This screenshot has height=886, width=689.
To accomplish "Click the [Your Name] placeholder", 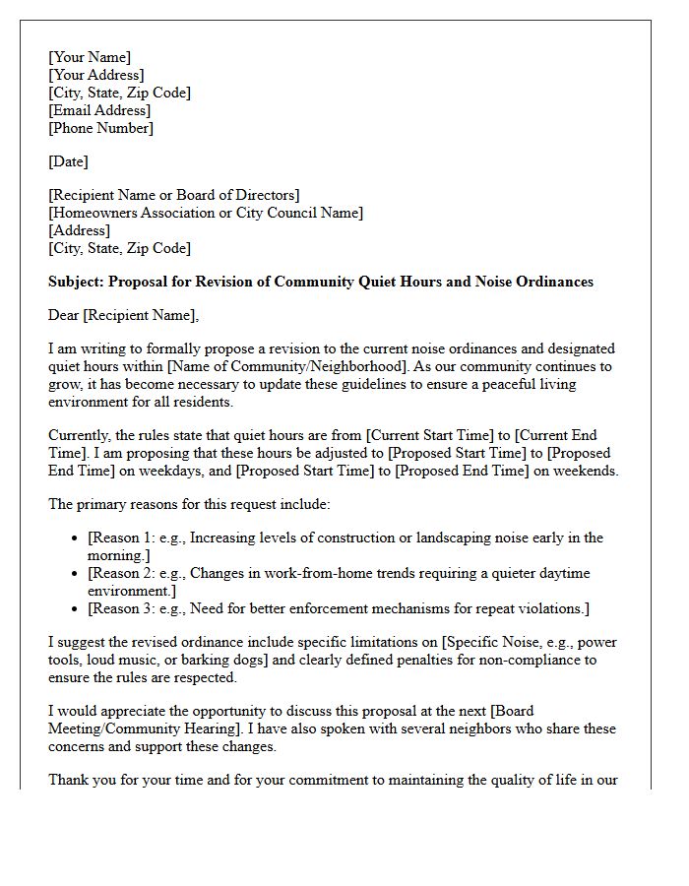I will pyautogui.click(x=90, y=57).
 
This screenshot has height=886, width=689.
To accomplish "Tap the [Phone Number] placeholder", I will pyautogui.click(x=101, y=128).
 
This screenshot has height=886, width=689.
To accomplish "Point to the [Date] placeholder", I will pyautogui.click(x=68, y=161).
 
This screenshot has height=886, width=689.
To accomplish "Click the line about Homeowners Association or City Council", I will pyautogui.click(x=206, y=213).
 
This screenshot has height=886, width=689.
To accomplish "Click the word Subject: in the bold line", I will pyautogui.click(x=76, y=282).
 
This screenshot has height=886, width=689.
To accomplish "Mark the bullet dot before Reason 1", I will pyautogui.click(x=76, y=538).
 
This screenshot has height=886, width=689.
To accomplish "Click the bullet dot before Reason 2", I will pyautogui.click(x=76, y=574).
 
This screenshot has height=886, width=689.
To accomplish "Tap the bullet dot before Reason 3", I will pyautogui.click(x=76, y=609).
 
